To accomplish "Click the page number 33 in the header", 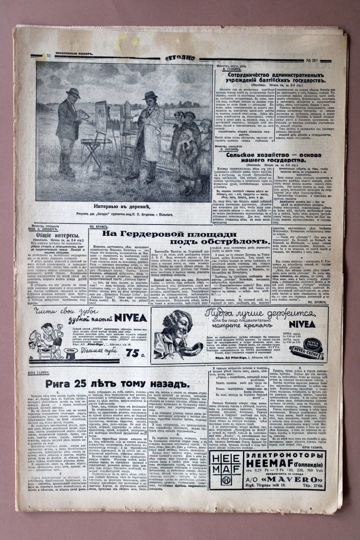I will click(x=48, y=56).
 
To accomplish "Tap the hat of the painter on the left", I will click(x=72, y=93).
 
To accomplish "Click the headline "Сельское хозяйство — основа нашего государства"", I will click(x=274, y=157).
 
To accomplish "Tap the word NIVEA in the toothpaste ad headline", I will click(x=130, y=317).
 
